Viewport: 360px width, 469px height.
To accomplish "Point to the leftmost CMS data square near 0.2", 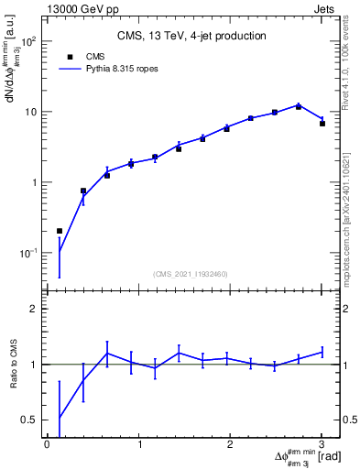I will (60, 231).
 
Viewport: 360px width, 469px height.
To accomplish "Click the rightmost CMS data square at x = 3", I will (322, 123).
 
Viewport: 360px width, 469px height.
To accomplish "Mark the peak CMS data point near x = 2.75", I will (298, 106).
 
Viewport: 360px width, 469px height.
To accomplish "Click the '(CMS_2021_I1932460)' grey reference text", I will (191, 274).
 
